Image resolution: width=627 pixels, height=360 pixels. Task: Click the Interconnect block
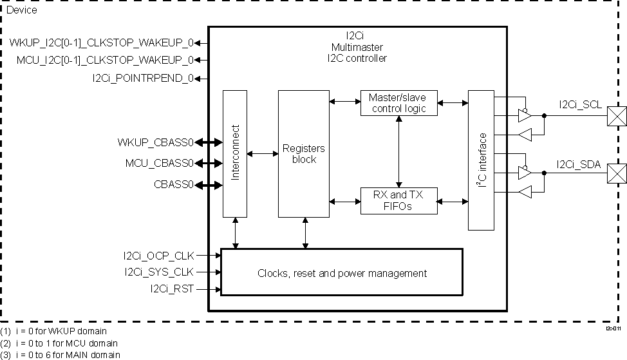click(235, 153)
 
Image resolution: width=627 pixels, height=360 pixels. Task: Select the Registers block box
click(304, 153)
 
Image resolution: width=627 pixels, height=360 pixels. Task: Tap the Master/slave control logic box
click(398, 103)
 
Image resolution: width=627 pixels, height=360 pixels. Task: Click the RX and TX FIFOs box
click(398, 201)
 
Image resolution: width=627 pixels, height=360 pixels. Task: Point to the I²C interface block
click(481, 160)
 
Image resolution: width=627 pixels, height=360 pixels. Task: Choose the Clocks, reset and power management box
click(342, 272)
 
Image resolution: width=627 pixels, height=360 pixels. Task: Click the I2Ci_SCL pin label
click(579, 104)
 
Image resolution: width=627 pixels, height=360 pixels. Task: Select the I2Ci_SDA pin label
click(579, 165)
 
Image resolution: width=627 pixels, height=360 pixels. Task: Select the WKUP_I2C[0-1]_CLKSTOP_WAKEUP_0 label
click(101, 43)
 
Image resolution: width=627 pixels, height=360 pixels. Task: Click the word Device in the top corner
click(21, 10)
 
